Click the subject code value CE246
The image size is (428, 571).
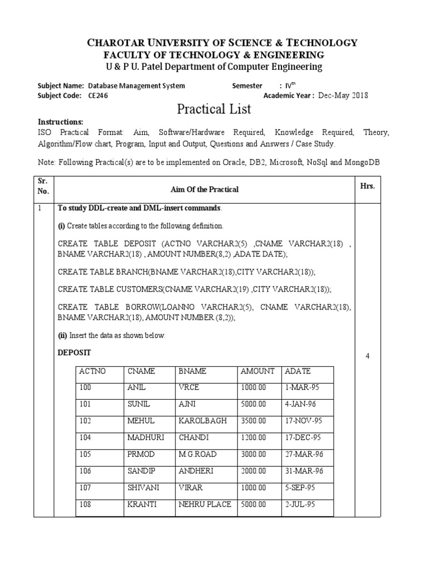pos(98,95)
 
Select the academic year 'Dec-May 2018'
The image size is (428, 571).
pos(343,95)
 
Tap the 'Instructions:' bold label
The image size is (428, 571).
pos(60,122)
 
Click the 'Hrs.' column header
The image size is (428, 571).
pos(368,186)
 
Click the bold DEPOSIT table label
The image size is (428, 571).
pos(75,354)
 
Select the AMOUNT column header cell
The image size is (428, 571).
pos(257,371)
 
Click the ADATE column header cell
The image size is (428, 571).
pos(298,371)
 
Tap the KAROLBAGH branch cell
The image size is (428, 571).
pos(202,421)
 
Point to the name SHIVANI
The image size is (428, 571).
pos(143,487)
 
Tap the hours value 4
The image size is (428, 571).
pos(368,356)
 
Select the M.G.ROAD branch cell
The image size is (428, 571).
pos(196,454)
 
